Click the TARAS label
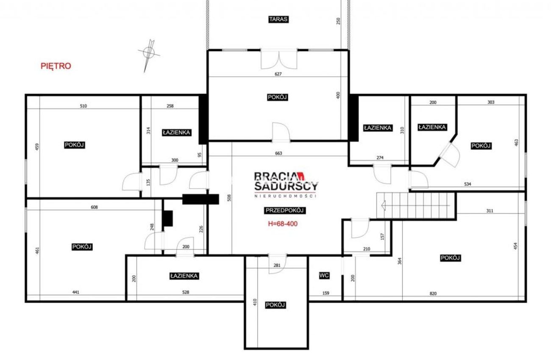(278, 19)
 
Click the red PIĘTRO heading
(56, 66)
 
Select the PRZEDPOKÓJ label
(285, 210)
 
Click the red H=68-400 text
(283, 224)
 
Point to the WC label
(324, 275)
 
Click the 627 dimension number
(278, 74)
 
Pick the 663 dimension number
(278, 153)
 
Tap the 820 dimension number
(433, 294)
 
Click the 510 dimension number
(83, 106)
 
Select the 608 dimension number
(94, 207)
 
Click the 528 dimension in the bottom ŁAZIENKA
(186, 292)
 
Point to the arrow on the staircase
(416, 205)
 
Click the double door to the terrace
(279, 59)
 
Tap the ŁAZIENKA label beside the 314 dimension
(177, 133)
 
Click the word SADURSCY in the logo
(286, 186)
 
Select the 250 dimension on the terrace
(338, 21)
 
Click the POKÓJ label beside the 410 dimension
(275, 305)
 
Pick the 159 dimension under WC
(326, 293)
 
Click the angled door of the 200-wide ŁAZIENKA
(450, 154)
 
